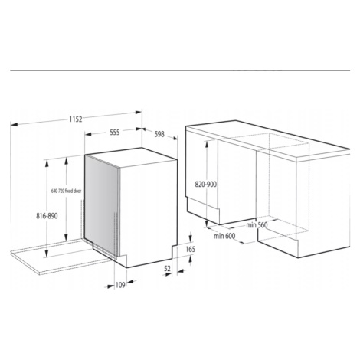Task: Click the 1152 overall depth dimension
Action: click(76, 119)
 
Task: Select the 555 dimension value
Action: click(115, 133)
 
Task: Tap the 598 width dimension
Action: click(159, 134)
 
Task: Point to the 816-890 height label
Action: click(47, 216)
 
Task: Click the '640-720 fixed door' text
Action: click(67, 191)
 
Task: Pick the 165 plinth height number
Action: click(190, 249)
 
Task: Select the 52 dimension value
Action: click(167, 268)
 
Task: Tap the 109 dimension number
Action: click(120, 285)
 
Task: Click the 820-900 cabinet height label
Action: click(206, 184)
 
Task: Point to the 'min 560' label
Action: click(257, 225)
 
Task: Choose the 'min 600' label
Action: click(224, 236)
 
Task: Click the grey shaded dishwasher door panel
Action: click(101, 204)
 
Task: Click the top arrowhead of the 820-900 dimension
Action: click(206, 144)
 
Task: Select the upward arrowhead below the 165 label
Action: click(191, 260)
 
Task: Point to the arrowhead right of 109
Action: click(130, 282)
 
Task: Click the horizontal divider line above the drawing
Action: click(180, 70)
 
